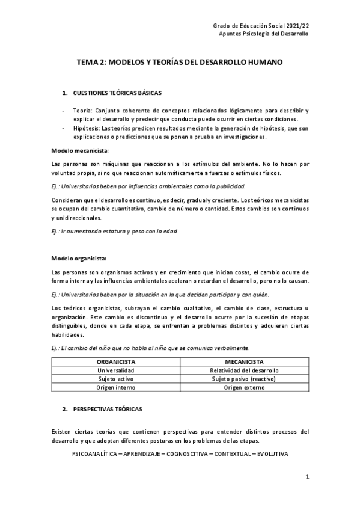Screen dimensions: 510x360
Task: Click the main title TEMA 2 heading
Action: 180,62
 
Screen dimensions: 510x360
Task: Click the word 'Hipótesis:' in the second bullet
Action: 87,129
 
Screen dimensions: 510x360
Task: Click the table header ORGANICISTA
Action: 116,362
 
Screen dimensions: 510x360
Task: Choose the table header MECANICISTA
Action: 245,362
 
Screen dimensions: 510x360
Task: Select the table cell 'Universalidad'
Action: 116,370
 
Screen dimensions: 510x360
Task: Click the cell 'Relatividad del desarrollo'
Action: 245,370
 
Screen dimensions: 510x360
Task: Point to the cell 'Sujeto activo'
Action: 116,379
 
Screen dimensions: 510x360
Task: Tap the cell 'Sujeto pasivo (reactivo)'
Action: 245,379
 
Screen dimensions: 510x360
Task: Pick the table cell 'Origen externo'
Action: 245,388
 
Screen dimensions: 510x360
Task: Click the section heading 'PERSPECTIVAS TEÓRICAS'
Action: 108,409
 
